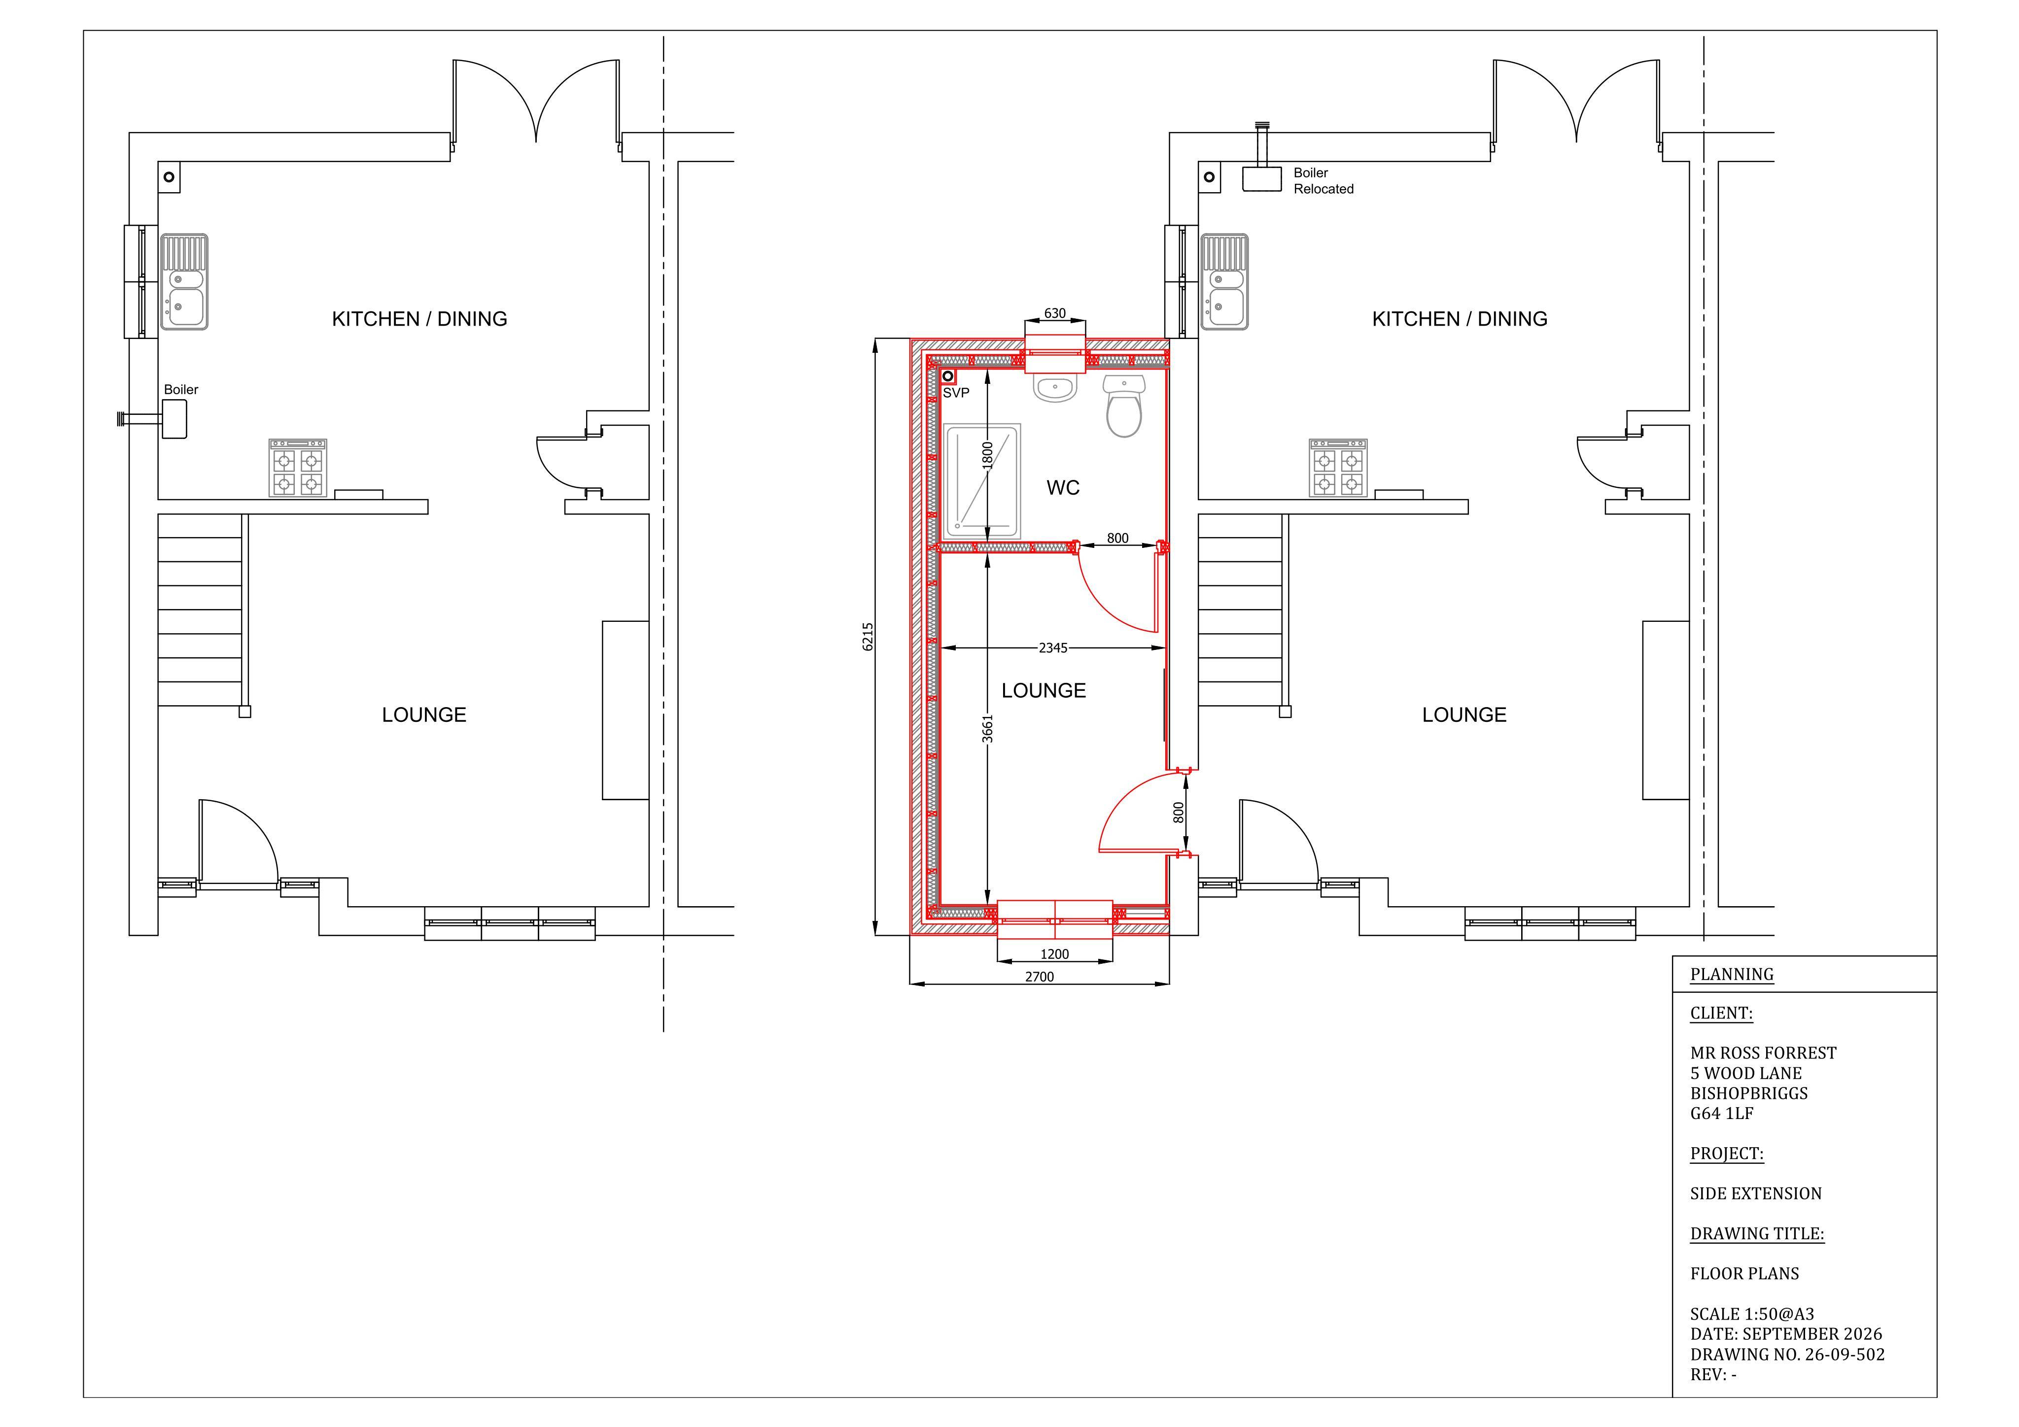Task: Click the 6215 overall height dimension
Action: pos(868,637)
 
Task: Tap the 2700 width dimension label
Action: pos(1040,977)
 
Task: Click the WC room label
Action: pos(1063,488)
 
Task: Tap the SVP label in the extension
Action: pos(956,393)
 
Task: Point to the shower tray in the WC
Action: pos(981,482)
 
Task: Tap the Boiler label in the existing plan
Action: pos(181,389)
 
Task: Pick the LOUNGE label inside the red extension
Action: pos(1044,691)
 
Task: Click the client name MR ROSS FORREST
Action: pos(1763,1053)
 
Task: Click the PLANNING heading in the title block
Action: pos(1732,974)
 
